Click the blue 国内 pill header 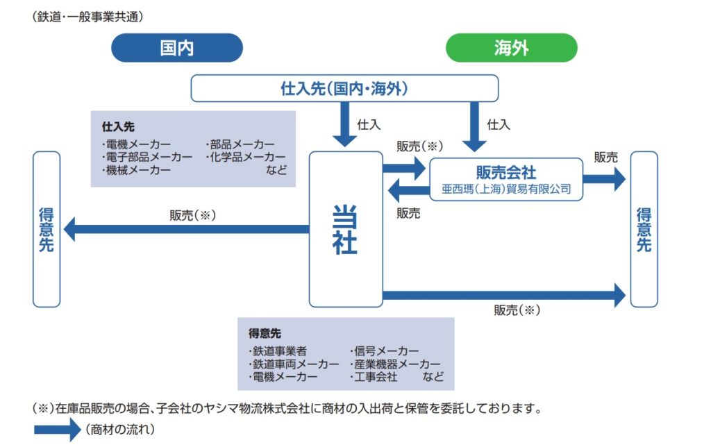pyautogui.click(x=176, y=49)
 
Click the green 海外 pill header pyautogui.click(x=511, y=49)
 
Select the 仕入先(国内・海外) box pyautogui.click(x=344, y=88)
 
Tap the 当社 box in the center pyautogui.click(x=345, y=229)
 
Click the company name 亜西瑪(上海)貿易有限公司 pyautogui.click(x=506, y=188)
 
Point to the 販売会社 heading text pyautogui.click(x=506, y=171)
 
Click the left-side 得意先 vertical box pyautogui.click(x=47, y=229)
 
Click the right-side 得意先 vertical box pyautogui.click(x=644, y=229)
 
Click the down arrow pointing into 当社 pyautogui.click(x=344, y=125)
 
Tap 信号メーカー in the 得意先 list pyautogui.click(x=385, y=352)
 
